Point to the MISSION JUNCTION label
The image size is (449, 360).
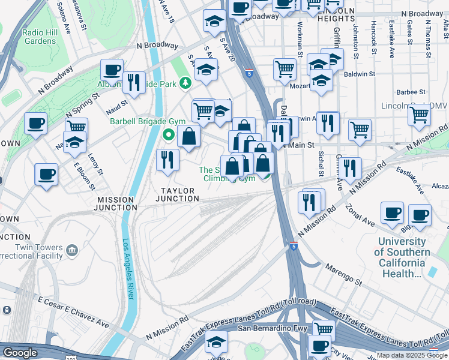pyautogui.click(x=116, y=203)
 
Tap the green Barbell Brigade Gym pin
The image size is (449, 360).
pyautogui.click(x=169, y=136)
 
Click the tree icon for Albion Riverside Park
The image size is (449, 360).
pyautogui.click(x=187, y=83)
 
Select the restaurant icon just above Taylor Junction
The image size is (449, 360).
pyautogui.click(x=167, y=160)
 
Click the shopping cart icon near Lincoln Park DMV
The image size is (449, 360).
pyautogui.click(x=418, y=114)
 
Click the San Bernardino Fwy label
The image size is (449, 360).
pyautogui.click(x=273, y=328)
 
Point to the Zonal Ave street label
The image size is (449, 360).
pyautogui.click(x=360, y=217)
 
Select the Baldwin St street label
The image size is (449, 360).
pyautogui.click(x=360, y=74)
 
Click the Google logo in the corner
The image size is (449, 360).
pyautogui.click(x=20, y=353)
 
